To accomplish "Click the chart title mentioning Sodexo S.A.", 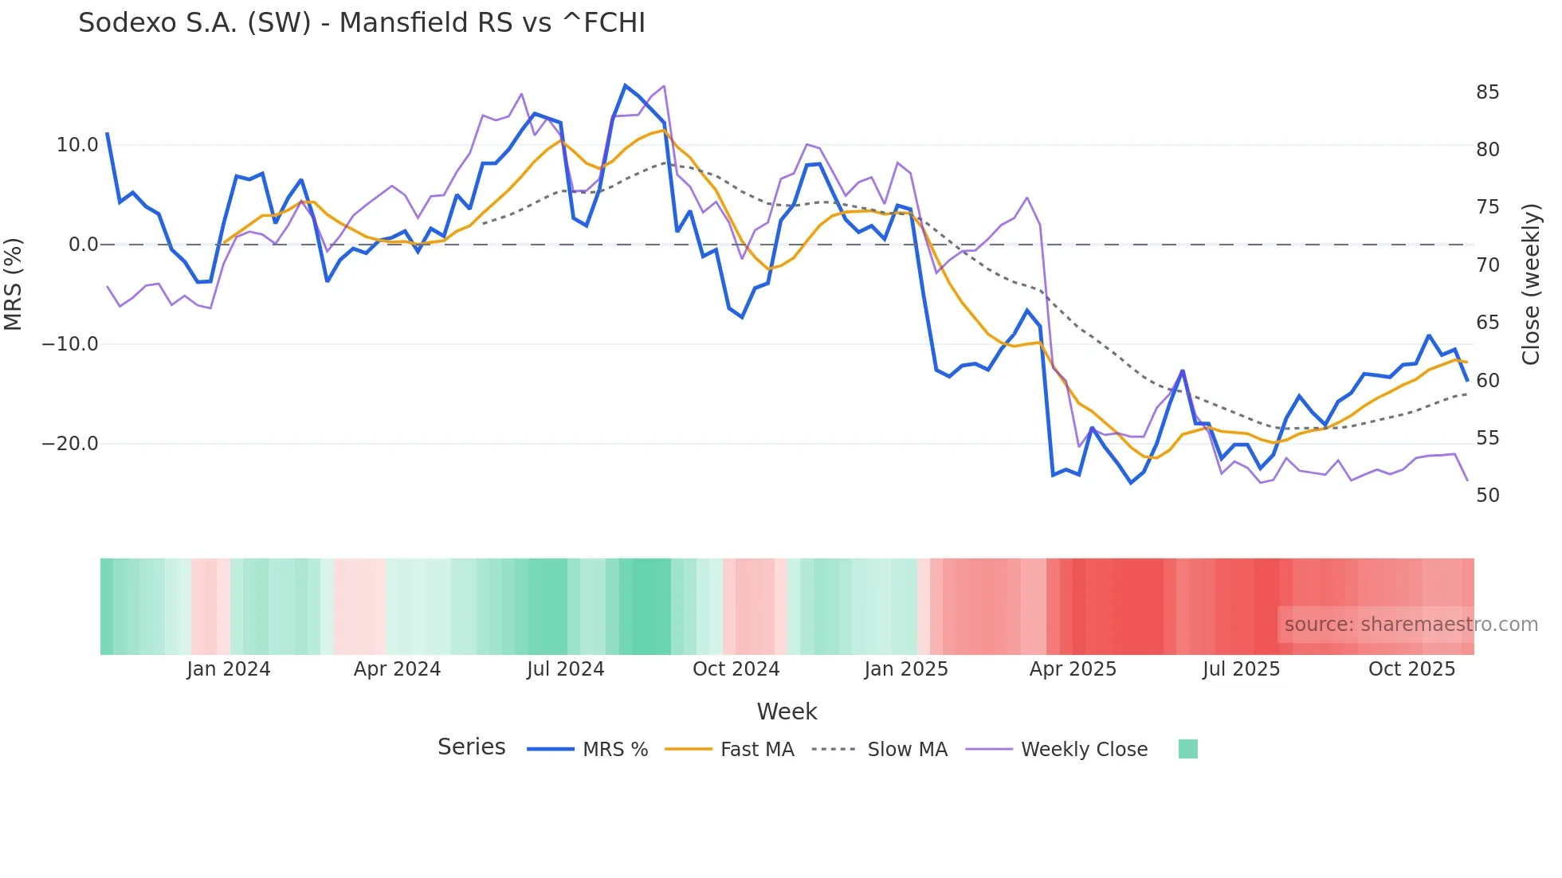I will click(362, 23).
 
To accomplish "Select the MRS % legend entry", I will click(614, 750).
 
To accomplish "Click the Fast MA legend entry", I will click(756, 750).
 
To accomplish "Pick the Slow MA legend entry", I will click(907, 750).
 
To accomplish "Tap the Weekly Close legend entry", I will click(1084, 750).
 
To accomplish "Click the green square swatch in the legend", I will click(1187, 749).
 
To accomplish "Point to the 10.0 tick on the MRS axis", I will click(77, 145).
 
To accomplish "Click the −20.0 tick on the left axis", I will click(70, 444).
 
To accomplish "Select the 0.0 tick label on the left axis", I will click(84, 245).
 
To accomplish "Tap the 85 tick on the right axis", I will click(1487, 92).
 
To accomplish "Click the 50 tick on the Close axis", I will click(1487, 496).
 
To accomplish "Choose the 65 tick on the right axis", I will click(1487, 323).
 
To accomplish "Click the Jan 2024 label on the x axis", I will click(229, 669).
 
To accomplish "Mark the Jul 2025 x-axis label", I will click(1241, 669).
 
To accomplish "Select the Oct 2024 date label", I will click(736, 669).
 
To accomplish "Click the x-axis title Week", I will click(787, 711).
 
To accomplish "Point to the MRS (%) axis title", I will click(14, 284).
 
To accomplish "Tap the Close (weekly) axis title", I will click(1531, 284).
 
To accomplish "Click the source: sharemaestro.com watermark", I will click(1411, 625).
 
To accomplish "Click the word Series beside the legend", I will click(471, 747).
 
